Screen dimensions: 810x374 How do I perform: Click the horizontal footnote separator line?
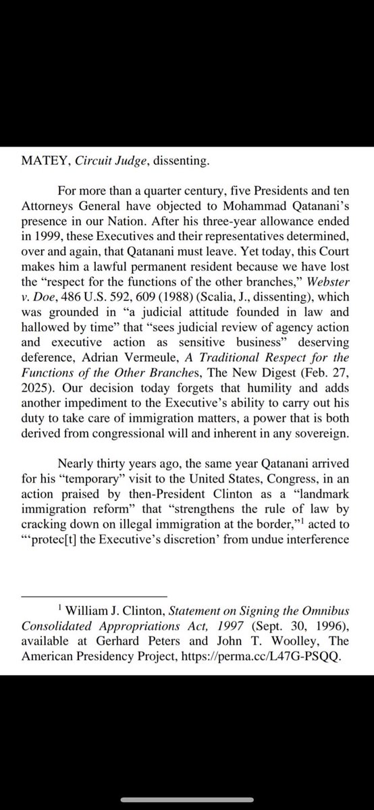click(94, 597)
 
